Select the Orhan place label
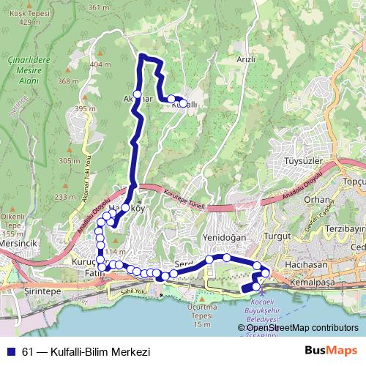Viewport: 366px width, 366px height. pyautogui.click(x=317, y=199)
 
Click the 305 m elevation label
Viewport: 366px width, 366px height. pyautogui.click(x=69, y=161)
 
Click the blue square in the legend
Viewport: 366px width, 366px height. pyautogui.click(x=10, y=352)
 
